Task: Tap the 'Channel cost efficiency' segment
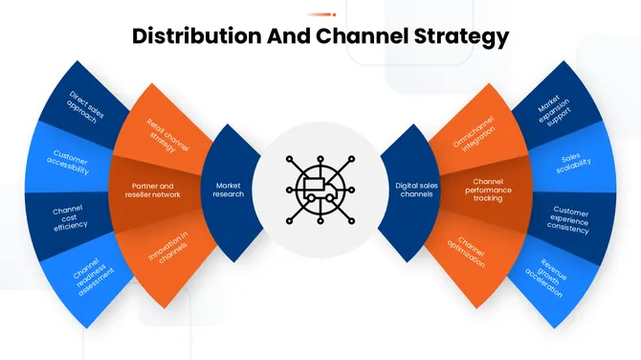coord(69,217)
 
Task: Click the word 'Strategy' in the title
coord(461,37)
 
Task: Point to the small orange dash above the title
coord(320,14)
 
